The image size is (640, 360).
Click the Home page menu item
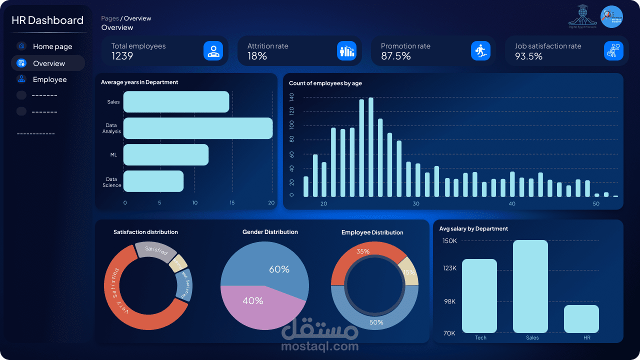(52, 46)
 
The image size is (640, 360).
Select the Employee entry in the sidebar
(49, 79)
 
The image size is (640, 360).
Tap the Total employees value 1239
(122, 56)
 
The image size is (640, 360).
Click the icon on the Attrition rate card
(346, 50)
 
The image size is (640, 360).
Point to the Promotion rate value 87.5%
(395, 56)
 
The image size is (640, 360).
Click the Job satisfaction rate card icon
(613, 50)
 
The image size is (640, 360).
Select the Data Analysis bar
(197, 128)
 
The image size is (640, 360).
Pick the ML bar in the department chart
(165, 154)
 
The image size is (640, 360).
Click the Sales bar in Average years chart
(176, 102)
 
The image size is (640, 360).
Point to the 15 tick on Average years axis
(232, 202)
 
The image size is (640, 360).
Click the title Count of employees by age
(325, 83)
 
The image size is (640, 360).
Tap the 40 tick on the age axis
(512, 204)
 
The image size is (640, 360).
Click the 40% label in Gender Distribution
(252, 301)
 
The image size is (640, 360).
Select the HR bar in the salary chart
(581, 319)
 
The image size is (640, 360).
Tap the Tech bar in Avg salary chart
(479, 296)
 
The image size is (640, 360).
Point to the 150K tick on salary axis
(449, 241)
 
